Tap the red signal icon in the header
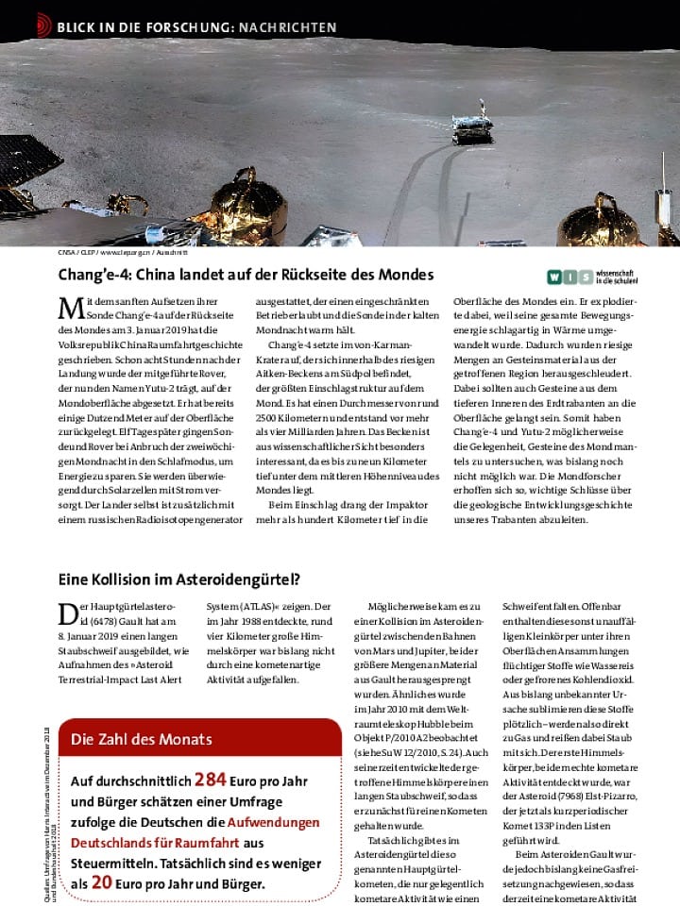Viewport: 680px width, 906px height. coord(43,25)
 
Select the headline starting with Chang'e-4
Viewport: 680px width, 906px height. coord(246,275)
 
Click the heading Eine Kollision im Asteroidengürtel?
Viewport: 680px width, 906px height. coord(179,579)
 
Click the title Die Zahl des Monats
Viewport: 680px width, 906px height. coord(141,738)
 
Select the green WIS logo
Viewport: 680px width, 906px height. coord(570,277)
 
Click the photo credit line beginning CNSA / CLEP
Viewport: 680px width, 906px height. coord(123,254)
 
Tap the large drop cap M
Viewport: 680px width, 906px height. coord(69,309)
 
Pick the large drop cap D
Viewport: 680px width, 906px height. coord(67,614)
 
